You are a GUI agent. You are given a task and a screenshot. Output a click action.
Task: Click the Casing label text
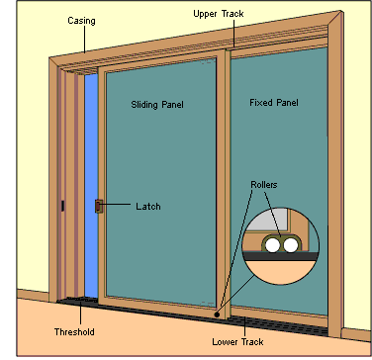[x=81, y=21]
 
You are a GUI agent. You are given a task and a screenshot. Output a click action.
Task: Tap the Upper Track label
[x=219, y=14]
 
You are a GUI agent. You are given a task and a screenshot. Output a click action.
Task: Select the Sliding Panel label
[x=157, y=105]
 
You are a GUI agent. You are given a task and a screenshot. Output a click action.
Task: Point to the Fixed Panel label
[x=274, y=103]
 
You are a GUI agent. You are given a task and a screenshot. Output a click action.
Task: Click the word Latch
[x=148, y=207]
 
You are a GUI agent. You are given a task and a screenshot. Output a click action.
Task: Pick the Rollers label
[x=264, y=185]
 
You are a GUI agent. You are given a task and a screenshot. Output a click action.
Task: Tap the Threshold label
[x=74, y=331]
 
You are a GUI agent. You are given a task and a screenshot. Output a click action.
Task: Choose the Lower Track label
[x=237, y=342]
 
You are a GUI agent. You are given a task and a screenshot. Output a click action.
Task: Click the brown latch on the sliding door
[x=99, y=207]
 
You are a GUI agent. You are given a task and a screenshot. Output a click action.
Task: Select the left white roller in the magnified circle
[x=273, y=245]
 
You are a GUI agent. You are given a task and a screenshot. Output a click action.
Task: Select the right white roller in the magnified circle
[x=291, y=245]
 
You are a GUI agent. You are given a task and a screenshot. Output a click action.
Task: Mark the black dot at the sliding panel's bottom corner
[x=217, y=315]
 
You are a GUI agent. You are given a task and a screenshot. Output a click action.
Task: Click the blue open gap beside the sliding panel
[x=91, y=186]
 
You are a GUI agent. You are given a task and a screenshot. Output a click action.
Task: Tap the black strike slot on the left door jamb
[x=62, y=206]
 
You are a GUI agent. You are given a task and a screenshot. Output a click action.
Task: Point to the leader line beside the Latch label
[x=117, y=205]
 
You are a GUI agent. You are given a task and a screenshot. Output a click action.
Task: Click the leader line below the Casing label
[x=85, y=40]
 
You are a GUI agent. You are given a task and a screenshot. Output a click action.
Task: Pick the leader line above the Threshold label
[x=80, y=314]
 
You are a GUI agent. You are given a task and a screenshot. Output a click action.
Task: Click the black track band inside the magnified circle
[x=281, y=256]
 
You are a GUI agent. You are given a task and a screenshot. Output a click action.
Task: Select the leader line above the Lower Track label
[x=244, y=327]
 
